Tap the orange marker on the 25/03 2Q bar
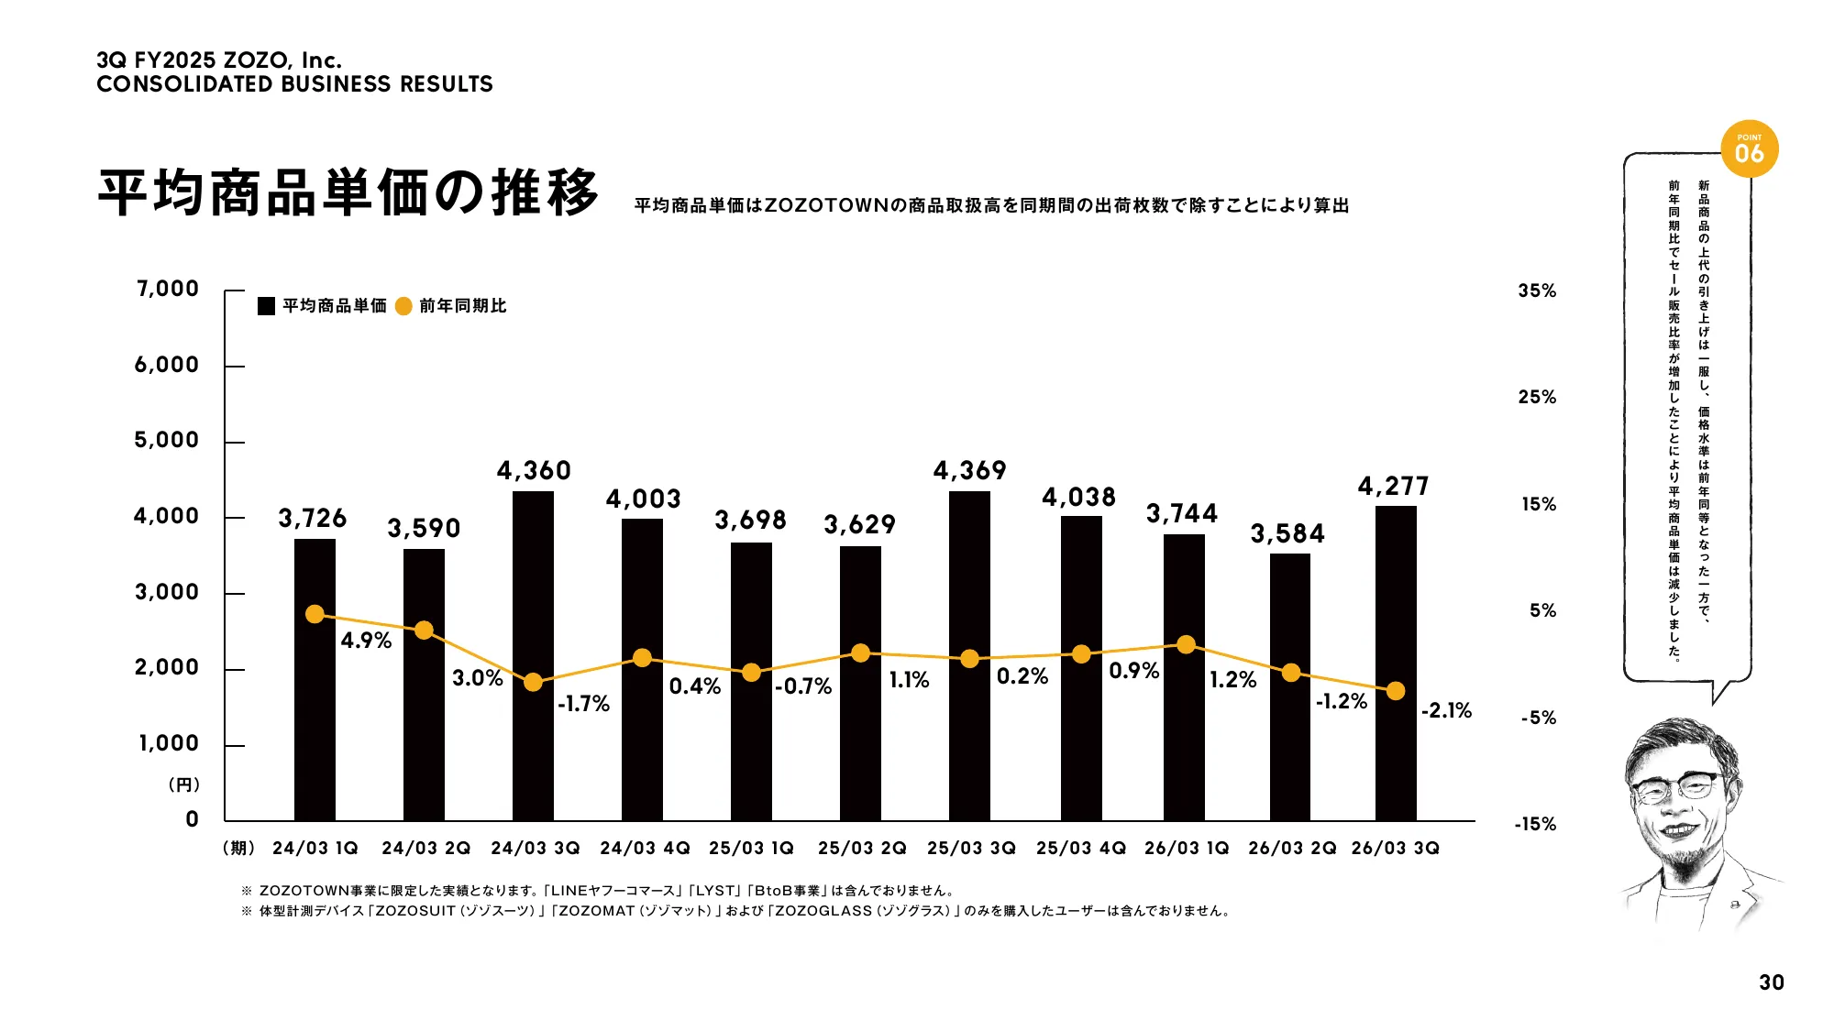tap(860, 653)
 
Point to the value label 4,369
tap(969, 471)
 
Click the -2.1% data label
tap(1446, 710)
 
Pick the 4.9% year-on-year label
tap(366, 641)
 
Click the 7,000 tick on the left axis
tap(167, 289)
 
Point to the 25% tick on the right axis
tap(1537, 397)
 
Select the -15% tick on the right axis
tap(1535, 824)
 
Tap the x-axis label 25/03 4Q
tap(1080, 849)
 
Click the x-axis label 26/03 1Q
tap(1187, 849)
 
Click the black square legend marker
tap(267, 306)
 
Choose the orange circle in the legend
tap(403, 306)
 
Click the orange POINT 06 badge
tap(1749, 149)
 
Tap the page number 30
tap(1771, 982)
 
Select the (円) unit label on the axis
tap(183, 784)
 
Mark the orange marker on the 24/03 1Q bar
tap(315, 614)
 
